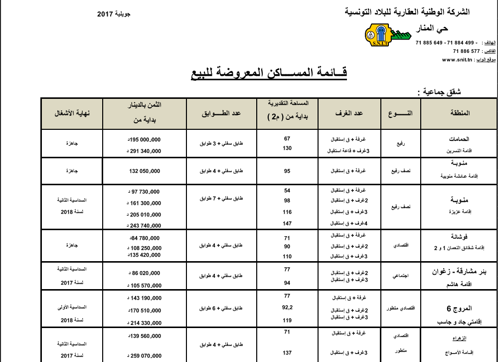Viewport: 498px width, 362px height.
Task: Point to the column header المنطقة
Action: click(459, 113)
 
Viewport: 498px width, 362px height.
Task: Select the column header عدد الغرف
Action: click(349, 113)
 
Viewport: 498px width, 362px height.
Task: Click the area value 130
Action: click(287, 148)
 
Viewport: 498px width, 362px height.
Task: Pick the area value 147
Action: click(287, 223)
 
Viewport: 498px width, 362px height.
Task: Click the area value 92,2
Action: click(287, 308)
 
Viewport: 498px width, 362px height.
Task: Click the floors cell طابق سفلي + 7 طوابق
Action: click(220, 198)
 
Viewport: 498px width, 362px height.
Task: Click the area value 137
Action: click(287, 353)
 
